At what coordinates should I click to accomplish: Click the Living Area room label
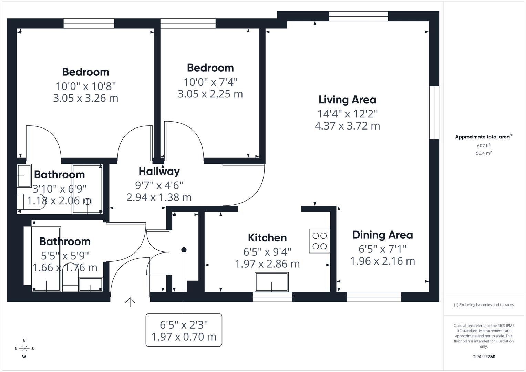(347, 100)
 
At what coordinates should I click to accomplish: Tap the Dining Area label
(382, 235)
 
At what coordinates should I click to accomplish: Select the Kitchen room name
(267, 238)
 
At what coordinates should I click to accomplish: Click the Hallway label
(159, 171)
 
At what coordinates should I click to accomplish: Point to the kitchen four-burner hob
(319, 241)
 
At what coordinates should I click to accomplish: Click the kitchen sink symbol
(271, 282)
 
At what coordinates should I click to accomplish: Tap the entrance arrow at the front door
(130, 302)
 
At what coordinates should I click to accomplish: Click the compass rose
(24, 348)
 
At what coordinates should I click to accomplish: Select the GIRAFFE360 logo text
(484, 356)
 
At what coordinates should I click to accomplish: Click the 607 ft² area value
(484, 146)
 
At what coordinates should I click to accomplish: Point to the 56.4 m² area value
(484, 153)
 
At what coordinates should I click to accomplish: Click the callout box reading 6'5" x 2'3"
(184, 330)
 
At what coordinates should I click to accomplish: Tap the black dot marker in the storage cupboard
(184, 250)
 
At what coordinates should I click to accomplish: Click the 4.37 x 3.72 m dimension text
(347, 126)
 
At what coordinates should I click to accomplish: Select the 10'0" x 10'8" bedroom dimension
(86, 85)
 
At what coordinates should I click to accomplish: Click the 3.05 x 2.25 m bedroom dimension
(210, 94)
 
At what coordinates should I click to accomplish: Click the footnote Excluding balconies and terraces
(484, 305)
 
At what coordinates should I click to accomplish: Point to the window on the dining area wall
(374, 297)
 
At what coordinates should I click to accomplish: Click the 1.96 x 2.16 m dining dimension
(382, 261)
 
